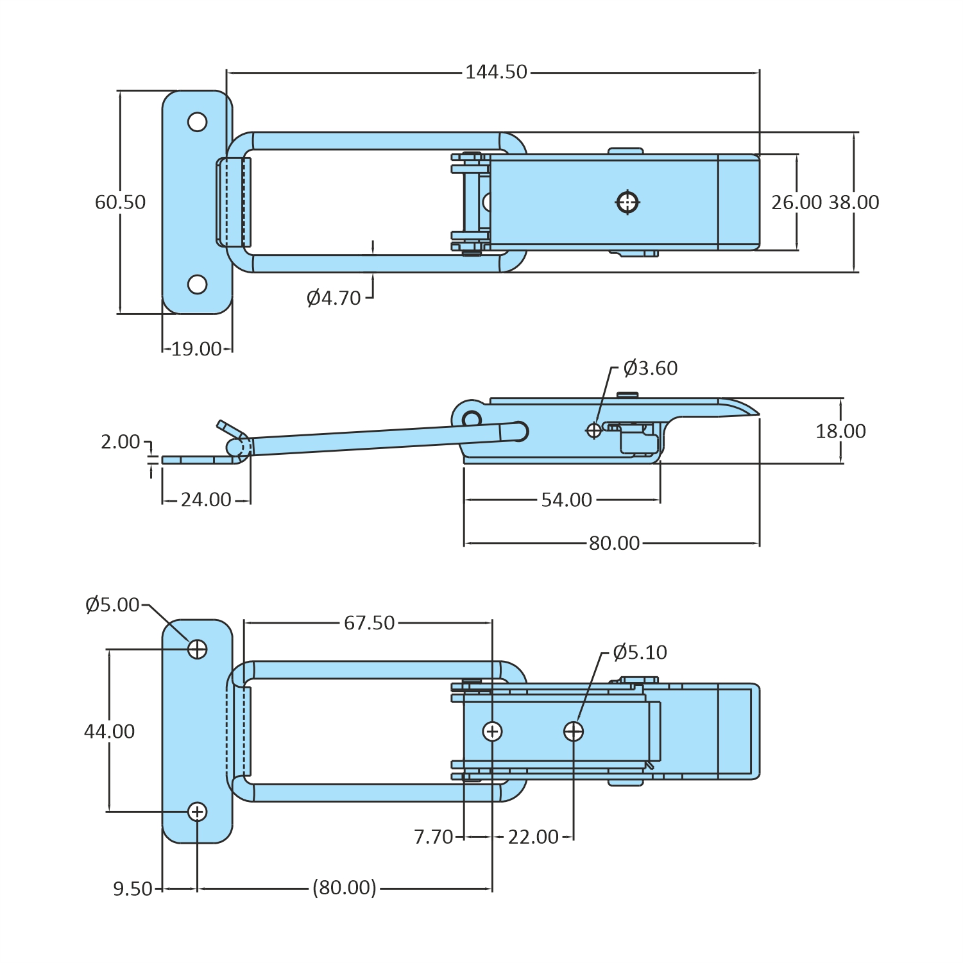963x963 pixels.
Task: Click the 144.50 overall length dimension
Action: tap(496, 72)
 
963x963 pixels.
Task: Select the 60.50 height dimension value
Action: tap(121, 202)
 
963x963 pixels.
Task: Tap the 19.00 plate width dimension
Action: tap(196, 349)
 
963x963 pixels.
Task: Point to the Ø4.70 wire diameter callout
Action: tap(334, 298)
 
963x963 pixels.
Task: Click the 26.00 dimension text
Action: tap(796, 203)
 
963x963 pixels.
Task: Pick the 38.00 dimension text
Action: tap(853, 203)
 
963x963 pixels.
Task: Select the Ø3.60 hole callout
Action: tap(650, 368)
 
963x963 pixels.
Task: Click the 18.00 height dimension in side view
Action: tap(840, 431)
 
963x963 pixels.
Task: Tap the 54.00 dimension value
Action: tap(567, 500)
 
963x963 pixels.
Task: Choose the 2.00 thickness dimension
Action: tap(120, 441)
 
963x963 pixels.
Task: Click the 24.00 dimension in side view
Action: tap(206, 500)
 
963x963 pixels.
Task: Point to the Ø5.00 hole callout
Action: tap(112, 605)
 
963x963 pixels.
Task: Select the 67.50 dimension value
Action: tap(369, 623)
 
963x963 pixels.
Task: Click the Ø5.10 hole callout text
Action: tap(640, 652)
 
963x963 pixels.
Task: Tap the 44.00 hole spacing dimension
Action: tap(110, 731)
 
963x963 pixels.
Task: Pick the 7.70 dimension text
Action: tap(434, 837)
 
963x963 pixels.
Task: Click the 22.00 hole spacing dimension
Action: tap(533, 837)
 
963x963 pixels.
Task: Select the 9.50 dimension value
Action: tap(133, 889)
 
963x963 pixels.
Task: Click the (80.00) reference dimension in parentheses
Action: tap(345, 888)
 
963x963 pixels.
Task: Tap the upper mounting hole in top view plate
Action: tap(197, 122)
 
